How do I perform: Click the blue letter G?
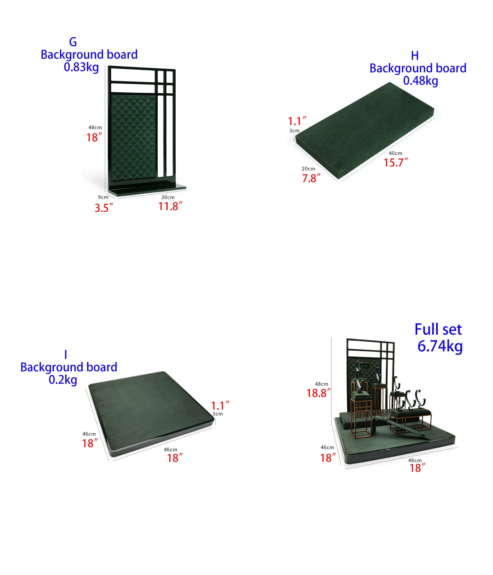[x=73, y=42]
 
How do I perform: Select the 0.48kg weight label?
[x=420, y=81]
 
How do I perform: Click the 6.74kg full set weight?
[x=440, y=346]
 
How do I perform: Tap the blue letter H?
[x=415, y=56]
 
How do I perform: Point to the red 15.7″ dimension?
[x=396, y=162]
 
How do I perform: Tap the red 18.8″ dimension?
[x=318, y=393]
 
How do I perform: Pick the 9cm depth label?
[x=103, y=197]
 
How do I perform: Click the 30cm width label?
[x=168, y=197]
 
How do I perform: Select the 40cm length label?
[x=395, y=153]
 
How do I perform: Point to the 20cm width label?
[x=308, y=169]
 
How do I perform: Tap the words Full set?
[x=438, y=330]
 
